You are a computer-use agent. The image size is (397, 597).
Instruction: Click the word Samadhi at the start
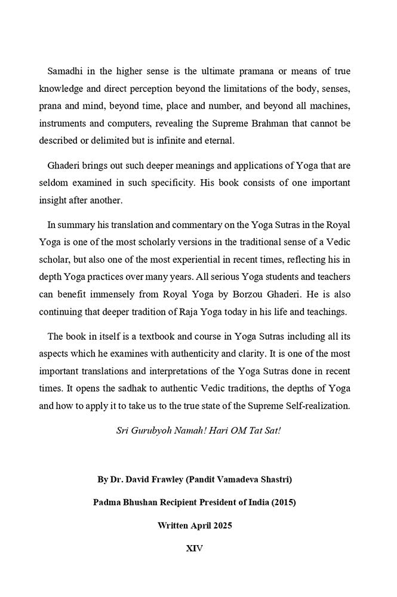[67, 72]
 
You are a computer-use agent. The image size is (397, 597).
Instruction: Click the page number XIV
[195, 547]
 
